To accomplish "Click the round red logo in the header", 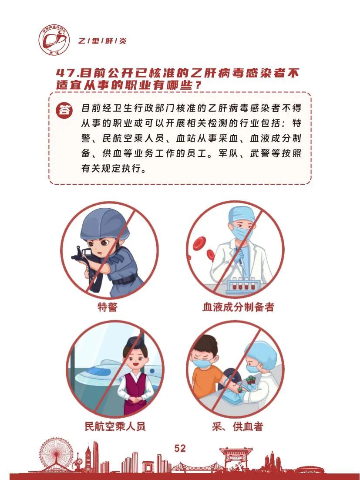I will [54, 40].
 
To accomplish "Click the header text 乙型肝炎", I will [101, 41].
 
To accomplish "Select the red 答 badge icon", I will [64, 110].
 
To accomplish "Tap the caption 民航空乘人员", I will [115, 426].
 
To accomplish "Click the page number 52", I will [180, 448].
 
